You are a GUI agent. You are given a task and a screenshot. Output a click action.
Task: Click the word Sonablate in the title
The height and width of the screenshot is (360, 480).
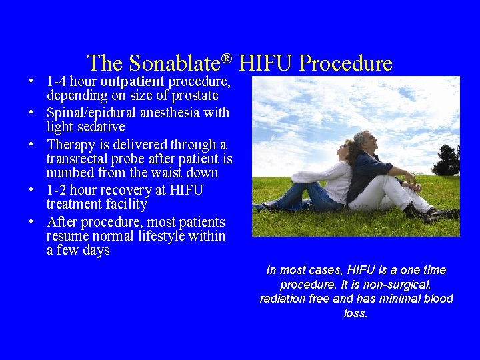click(174, 63)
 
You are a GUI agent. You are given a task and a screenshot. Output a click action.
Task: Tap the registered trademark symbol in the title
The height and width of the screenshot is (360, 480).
click(227, 59)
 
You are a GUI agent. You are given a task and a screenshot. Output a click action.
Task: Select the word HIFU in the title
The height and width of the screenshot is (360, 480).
click(266, 63)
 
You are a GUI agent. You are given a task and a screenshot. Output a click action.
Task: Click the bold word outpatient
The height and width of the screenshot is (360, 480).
click(132, 81)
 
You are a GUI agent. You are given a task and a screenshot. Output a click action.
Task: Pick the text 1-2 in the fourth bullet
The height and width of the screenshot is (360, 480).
click(57, 190)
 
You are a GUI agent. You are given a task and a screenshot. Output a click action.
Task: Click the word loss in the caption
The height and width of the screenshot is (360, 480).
click(355, 313)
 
